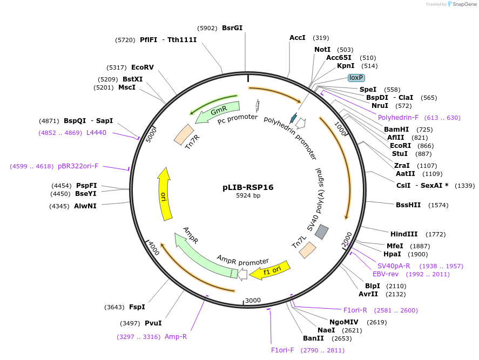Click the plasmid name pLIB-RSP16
[248, 187]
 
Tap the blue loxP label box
[356, 78]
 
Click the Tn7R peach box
[183, 134]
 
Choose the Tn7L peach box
[308, 249]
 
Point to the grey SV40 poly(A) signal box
[322, 232]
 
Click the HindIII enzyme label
[404, 234]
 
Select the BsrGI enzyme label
[232, 28]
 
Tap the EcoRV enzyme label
[143, 67]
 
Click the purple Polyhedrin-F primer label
[398, 118]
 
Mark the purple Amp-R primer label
[176, 337]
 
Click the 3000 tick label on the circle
[253, 301]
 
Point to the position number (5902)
[207, 28]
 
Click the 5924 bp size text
[248, 196]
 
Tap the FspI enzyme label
[137, 307]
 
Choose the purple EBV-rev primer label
[386, 274]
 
